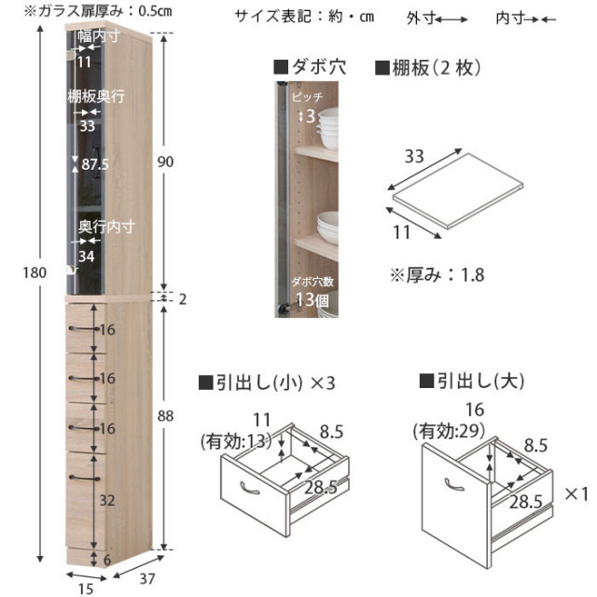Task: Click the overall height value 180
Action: tap(35, 272)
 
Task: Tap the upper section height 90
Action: tap(165, 161)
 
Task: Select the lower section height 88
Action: tap(165, 416)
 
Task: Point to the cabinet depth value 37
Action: tap(147, 579)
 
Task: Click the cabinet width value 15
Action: tap(86, 589)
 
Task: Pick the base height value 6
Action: tap(107, 560)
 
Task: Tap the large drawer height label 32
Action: tap(107, 500)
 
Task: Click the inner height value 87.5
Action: tap(95, 164)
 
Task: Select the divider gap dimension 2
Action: tap(183, 299)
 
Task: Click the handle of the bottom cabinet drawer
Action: tap(84, 478)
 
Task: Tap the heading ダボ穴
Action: tap(310, 67)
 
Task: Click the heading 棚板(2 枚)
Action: tap(428, 68)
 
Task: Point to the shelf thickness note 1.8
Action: tap(473, 275)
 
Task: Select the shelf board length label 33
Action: tap(414, 157)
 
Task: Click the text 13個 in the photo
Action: tap(312, 300)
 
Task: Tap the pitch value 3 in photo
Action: tap(311, 116)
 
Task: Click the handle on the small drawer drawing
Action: tap(249, 489)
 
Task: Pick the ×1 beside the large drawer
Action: tap(576, 494)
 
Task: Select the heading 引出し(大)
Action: tap(472, 381)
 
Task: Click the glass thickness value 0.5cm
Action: tap(155, 10)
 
